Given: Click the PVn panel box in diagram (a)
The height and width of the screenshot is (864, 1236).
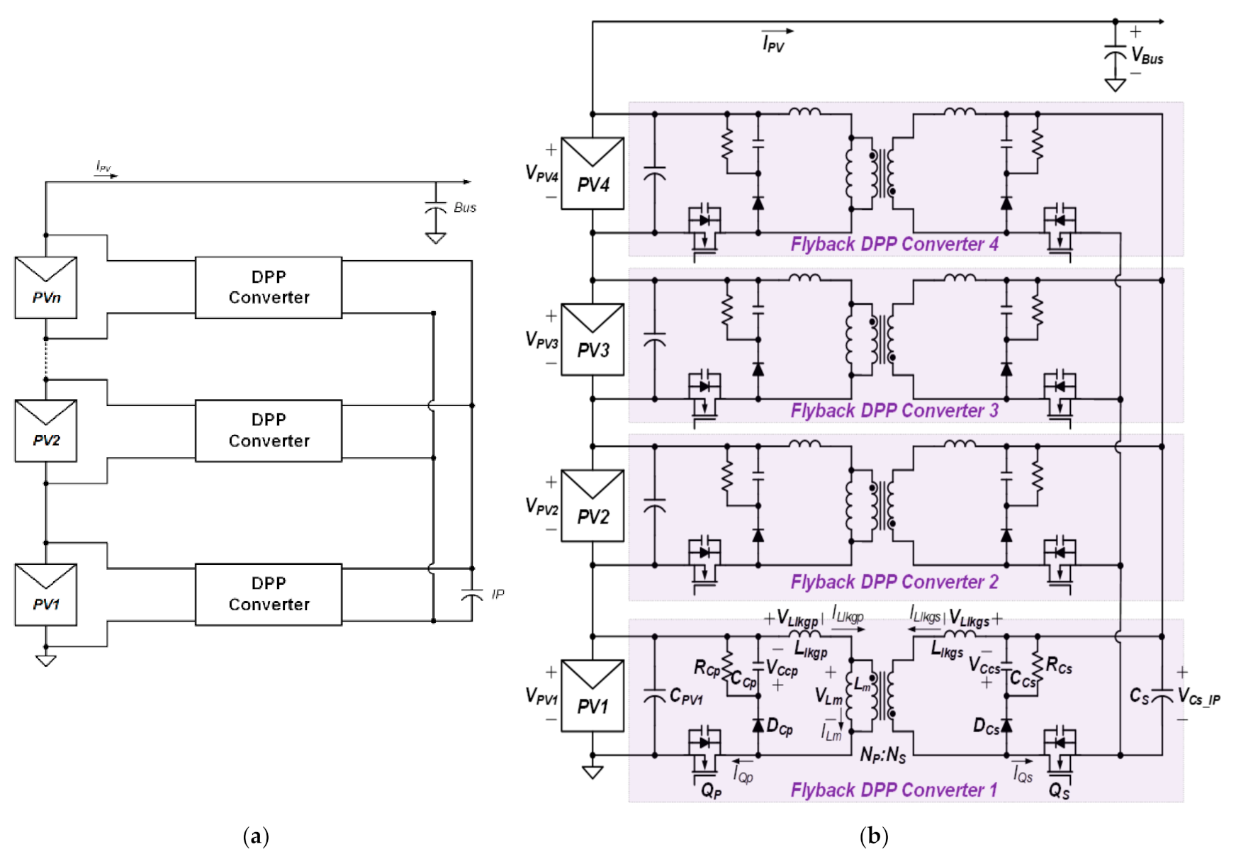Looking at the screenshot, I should click(x=46, y=288).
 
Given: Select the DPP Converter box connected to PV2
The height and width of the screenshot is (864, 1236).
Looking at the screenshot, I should click(x=269, y=430).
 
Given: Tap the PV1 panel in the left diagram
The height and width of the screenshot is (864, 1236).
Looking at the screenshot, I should click(x=46, y=594).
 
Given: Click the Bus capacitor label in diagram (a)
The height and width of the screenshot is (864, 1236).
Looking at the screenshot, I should click(x=465, y=208).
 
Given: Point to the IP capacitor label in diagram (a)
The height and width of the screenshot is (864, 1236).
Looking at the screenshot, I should click(x=498, y=594).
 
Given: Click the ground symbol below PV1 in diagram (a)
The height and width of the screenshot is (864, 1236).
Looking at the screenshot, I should click(x=46, y=661).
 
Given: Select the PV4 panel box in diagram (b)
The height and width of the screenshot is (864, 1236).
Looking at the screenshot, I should click(x=592, y=174).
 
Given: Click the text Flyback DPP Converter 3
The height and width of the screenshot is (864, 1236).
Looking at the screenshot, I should click(x=894, y=410).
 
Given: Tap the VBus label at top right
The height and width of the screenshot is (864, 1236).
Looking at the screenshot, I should click(x=1147, y=55).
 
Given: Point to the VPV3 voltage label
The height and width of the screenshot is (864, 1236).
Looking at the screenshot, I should click(x=541, y=340).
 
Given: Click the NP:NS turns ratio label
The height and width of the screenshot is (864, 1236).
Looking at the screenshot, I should click(x=882, y=755).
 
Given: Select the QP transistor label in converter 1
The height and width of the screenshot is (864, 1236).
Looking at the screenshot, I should click(x=711, y=790).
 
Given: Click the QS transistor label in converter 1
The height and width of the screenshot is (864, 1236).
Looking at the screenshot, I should click(x=1059, y=790).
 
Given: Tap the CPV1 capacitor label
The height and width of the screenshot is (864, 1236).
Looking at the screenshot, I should click(x=686, y=697).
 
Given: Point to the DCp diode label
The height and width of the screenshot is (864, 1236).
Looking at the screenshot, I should click(x=780, y=727).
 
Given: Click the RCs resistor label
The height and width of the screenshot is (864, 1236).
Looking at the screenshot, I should click(x=1059, y=666).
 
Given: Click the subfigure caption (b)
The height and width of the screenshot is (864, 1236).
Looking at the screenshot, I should click(x=874, y=836).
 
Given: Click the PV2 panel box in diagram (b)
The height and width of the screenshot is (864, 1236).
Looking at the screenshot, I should click(x=592, y=506).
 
